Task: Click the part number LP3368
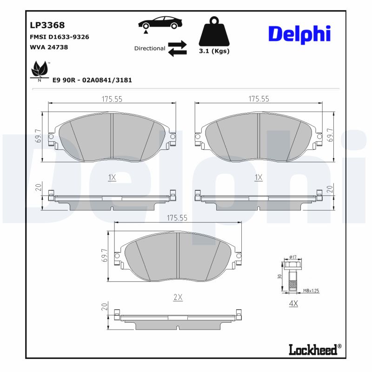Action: pyautogui.click(x=47, y=25)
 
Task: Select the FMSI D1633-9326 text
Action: pyautogui.click(x=60, y=37)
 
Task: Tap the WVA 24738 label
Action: pyautogui.click(x=49, y=47)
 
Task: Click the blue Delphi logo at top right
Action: pyautogui.click(x=299, y=33)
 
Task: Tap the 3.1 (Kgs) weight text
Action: pyautogui.click(x=214, y=51)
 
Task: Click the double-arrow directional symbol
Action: pyautogui.click(x=177, y=48)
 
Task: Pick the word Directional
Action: pyautogui.click(x=149, y=48)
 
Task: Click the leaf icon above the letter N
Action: pyautogui.click(x=39, y=70)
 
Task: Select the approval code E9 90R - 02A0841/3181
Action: pyautogui.click(x=92, y=80)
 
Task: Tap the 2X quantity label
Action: pyautogui.click(x=178, y=298)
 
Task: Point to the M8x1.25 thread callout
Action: pyautogui.click(x=311, y=291)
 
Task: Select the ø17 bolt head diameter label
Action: pyautogui.click(x=292, y=256)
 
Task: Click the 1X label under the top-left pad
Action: pyautogui.click(x=112, y=177)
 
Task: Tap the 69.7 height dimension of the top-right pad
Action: pyautogui.click(x=331, y=135)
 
